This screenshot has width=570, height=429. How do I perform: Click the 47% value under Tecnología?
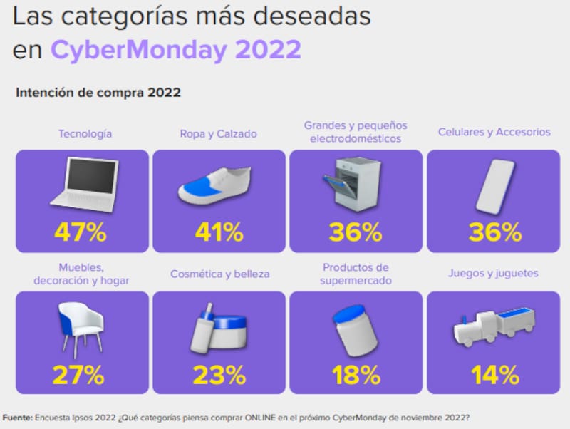(81, 232)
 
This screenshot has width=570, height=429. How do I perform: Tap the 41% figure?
(219, 232)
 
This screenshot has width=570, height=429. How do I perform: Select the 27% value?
(81, 374)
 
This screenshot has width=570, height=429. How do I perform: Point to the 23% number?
(219, 374)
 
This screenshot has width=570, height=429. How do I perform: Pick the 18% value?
(355, 374)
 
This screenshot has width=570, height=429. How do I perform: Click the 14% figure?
(494, 374)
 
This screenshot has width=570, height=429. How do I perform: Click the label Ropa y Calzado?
(219, 133)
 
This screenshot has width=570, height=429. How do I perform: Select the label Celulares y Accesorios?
(494, 132)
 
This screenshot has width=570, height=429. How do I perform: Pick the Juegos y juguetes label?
(493, 273)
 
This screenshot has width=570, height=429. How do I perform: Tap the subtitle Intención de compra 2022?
(98, 93)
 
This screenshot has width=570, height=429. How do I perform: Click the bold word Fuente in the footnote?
(17, 417)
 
